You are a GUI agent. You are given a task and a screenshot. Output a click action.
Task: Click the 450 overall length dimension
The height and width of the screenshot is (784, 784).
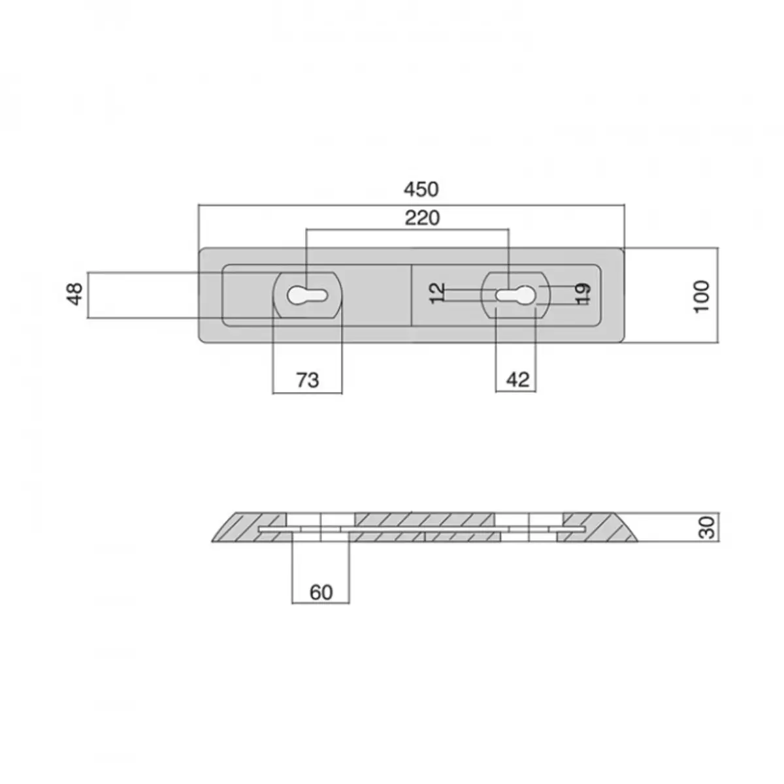421,189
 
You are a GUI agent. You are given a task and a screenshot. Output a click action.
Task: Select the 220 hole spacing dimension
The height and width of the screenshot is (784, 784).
422,218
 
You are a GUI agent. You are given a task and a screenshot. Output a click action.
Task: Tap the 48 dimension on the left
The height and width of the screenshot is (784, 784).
74,294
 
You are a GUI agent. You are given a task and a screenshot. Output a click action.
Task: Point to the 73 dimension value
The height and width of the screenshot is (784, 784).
308,380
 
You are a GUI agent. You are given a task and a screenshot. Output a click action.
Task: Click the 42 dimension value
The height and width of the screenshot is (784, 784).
518,380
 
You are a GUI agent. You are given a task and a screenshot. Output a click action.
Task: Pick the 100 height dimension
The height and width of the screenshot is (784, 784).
702,296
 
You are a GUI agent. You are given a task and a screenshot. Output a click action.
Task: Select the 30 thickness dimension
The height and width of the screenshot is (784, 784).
708,528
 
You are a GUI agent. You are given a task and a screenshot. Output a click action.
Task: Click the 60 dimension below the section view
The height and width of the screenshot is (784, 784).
321,593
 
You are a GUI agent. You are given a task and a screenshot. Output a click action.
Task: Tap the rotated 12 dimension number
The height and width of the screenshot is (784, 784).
437,293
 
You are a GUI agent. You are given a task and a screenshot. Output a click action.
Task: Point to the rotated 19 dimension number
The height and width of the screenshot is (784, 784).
583,294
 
